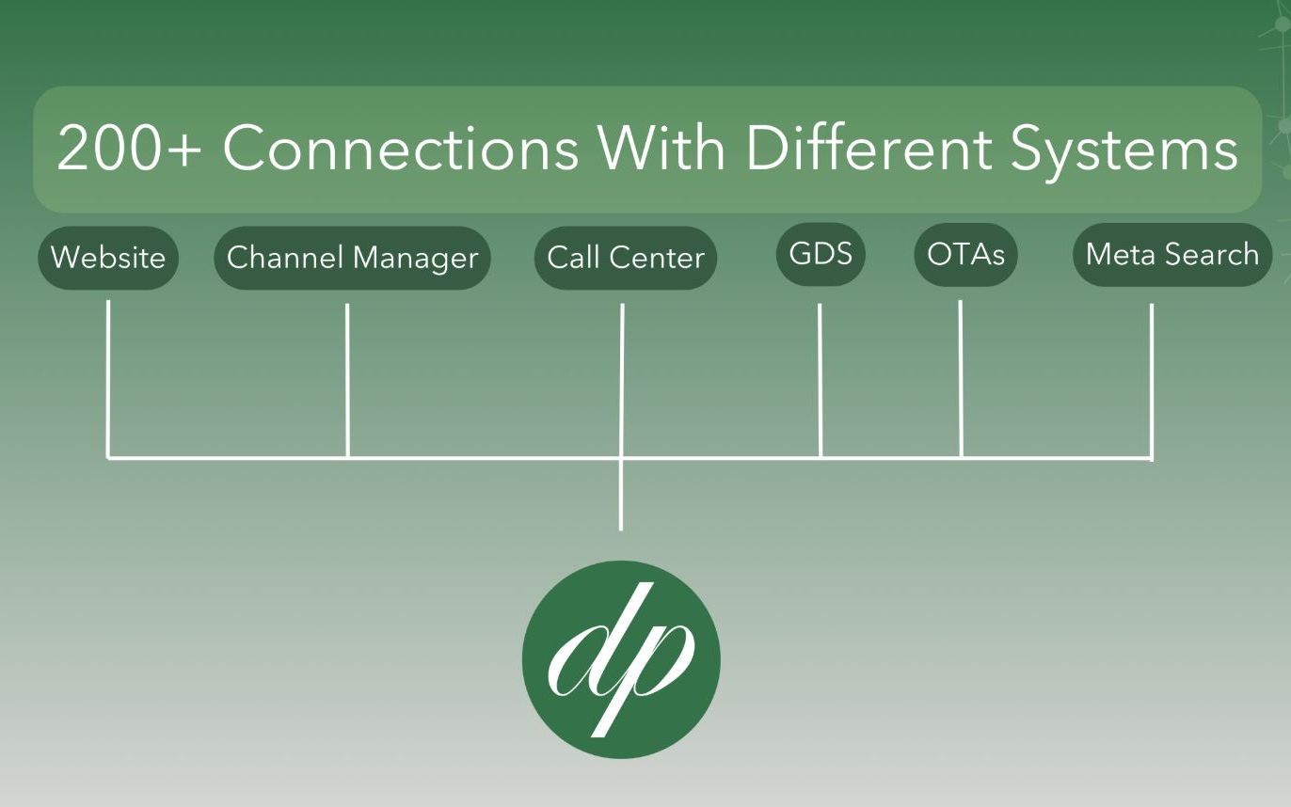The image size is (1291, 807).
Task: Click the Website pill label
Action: point(108,258)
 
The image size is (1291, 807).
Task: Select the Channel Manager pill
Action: point(352,258)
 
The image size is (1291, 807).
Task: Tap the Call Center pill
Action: point(626,258)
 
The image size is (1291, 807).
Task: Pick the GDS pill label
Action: point(821,254)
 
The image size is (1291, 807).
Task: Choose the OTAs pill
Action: point(965,254)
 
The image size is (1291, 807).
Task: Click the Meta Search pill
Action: point(1171,254)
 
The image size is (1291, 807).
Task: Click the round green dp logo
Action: point(621,659)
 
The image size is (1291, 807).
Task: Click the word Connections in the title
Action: point(401,149)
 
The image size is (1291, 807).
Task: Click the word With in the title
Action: point(663,149)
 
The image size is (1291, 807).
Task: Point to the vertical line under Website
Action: point(108,376)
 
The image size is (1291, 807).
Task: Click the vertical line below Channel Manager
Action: point(347,376)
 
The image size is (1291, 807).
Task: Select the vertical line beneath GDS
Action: point(820,376)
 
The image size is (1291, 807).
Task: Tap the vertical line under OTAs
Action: point(961,376)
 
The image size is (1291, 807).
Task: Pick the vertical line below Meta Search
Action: point(1152,376)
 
